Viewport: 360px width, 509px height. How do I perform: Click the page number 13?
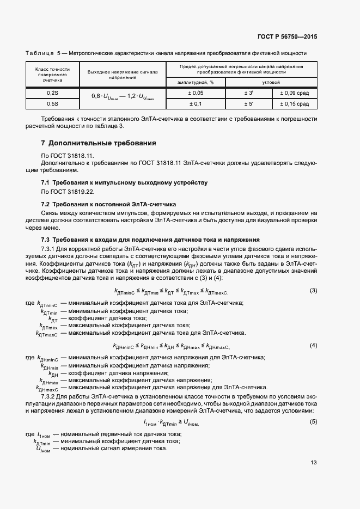pos(314,463)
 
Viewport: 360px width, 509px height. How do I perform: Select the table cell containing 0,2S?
pos(52,93)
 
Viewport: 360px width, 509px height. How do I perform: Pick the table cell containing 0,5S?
pos(52,103)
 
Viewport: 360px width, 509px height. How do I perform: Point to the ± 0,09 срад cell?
pos(294,93)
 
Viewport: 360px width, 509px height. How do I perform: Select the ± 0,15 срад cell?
pos(294,103)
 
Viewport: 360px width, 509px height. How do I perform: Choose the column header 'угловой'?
pos(271,82)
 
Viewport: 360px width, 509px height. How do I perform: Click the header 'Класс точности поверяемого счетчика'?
pos(52,75)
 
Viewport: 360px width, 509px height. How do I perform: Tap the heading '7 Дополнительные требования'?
pos(99,143)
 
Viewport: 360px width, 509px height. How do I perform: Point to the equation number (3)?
pos(313,290)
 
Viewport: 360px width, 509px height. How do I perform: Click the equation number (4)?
pos(313,345)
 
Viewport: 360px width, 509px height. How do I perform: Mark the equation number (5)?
pos(313,422)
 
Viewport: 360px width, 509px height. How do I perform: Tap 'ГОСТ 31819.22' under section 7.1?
pos(69,192)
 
